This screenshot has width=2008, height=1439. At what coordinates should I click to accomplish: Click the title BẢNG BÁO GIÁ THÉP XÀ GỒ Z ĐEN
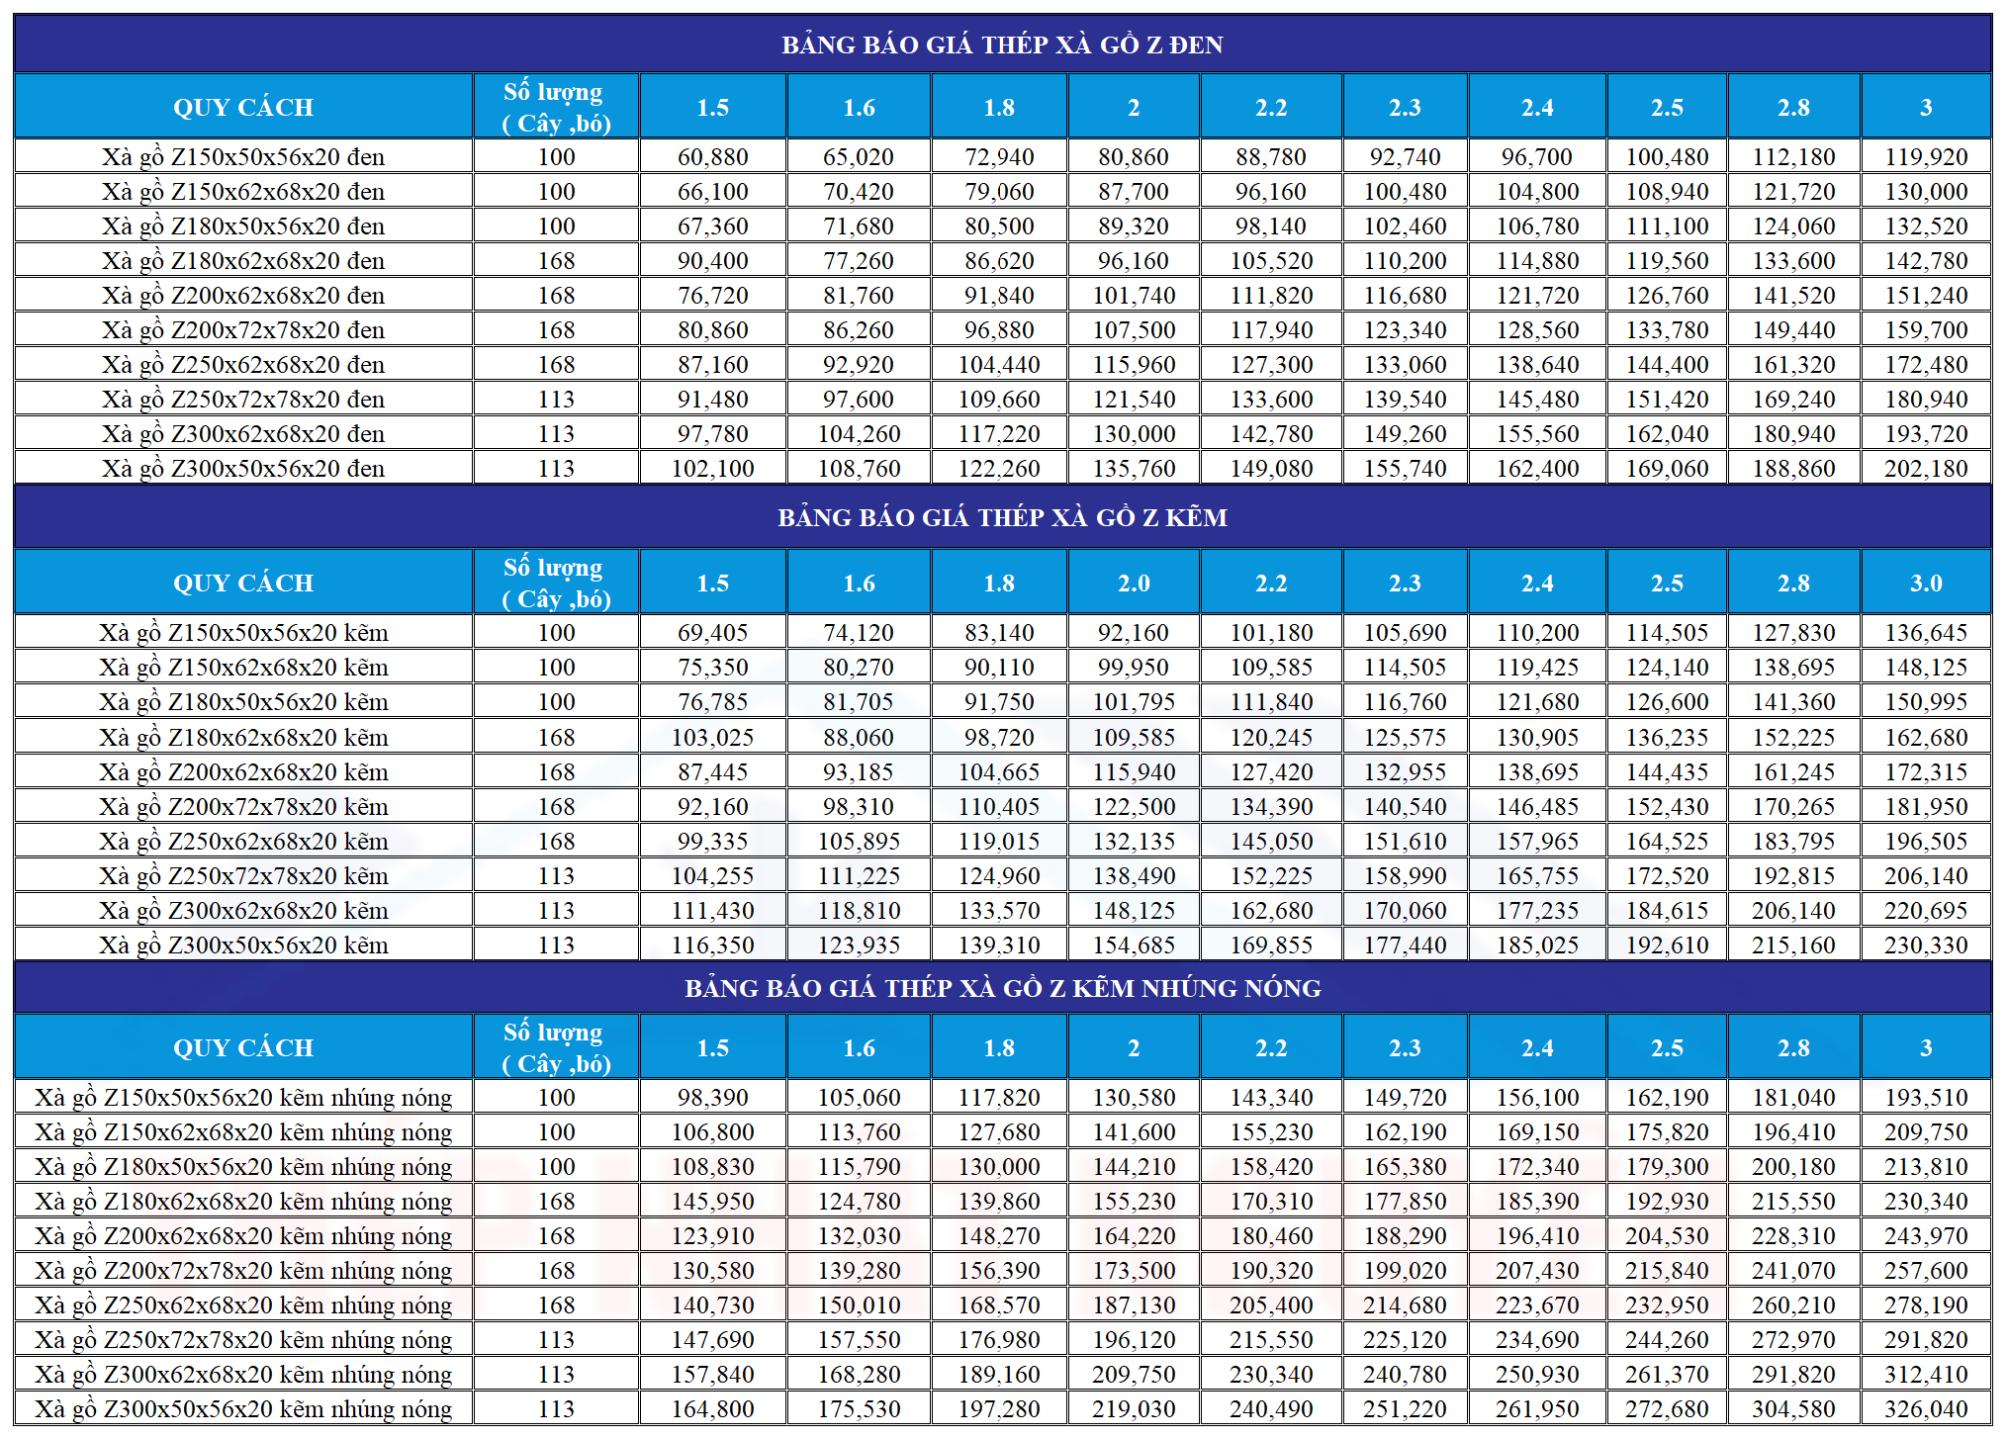click(1002, 45)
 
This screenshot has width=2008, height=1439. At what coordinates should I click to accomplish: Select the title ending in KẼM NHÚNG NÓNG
click(1002, 988)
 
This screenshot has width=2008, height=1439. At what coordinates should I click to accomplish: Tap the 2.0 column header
click(1134, 584)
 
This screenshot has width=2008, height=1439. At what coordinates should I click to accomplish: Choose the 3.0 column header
click(1926, 584)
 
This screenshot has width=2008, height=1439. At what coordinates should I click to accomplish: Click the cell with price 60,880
click(712, 157)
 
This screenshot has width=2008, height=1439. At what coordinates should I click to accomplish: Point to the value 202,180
click(1926, 469)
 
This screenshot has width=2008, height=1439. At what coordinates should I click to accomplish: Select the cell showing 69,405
click(712, 633)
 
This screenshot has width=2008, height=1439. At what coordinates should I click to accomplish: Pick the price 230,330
click(1926, 945)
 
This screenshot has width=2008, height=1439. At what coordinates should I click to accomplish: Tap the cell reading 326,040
click(1926, 1409)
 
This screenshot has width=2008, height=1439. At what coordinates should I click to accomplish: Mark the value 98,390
click(712, 1098)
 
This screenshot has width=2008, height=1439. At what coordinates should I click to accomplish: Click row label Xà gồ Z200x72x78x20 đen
click(243, 330)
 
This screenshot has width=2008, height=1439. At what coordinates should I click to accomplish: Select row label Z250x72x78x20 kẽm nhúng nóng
click(243, 1340)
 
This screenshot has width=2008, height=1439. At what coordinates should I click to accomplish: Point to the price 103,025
click(712, 738)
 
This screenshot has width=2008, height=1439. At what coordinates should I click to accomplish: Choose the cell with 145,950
click(712, 1202)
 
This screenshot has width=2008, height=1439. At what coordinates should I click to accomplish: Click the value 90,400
click(712, 261)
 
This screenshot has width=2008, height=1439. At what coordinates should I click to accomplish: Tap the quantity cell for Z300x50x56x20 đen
click(556, 469)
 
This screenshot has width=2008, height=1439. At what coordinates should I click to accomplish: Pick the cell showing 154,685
click(1134, 945)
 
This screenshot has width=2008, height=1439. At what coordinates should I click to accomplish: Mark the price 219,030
click(1134, 1409)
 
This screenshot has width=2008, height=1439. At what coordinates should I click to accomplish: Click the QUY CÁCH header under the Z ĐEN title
click(243, 107)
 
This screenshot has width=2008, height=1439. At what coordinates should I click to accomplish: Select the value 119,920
click(1926, 157)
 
